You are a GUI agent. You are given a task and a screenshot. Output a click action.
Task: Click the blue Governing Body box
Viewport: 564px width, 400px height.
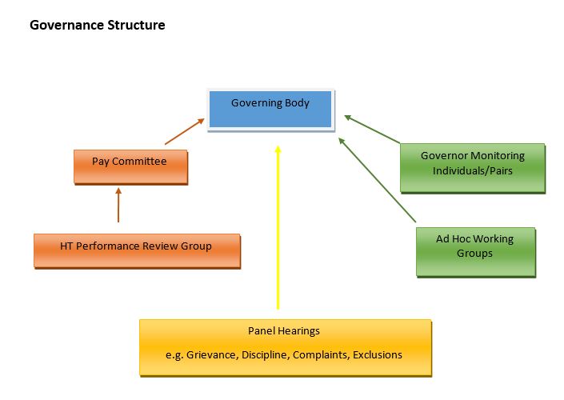(x=270, y=110)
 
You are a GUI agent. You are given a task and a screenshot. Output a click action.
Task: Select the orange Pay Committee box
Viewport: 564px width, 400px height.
(x=130, y=167)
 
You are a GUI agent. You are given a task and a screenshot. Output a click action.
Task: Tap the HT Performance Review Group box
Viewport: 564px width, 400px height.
(x=137, y=250)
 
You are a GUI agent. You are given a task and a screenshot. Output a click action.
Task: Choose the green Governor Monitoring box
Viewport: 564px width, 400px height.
(x=473, y=168)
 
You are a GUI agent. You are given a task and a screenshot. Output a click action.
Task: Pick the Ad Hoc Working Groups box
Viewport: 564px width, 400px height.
(x=475, y=252)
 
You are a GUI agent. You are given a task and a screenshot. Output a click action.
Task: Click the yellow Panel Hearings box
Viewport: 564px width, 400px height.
(x=286, y=347)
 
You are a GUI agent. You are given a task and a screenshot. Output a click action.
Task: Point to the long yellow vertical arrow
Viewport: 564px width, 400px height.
(x=278, y=227)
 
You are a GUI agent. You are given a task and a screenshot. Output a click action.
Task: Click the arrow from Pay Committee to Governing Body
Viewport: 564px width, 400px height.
(x=185, y=132)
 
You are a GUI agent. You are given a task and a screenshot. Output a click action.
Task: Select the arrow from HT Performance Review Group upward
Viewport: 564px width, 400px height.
(x=118, y=205)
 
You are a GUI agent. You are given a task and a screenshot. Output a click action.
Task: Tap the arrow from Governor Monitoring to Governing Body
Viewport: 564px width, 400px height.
(x=372, y=130)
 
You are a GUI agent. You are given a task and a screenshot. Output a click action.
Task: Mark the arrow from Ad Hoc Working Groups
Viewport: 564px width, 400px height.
(x=378, y=180)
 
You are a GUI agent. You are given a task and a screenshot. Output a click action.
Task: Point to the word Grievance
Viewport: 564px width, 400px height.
(x=211, y=354)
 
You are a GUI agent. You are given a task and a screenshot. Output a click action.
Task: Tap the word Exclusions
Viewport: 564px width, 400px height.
(x=378, y=354)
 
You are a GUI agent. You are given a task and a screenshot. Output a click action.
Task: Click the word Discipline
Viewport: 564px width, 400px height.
(x=265, y=354)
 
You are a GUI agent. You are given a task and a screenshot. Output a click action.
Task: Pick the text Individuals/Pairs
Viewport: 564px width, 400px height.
(x=472, y=170)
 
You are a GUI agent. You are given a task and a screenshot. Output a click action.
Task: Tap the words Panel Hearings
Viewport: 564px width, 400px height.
(x=284, y=331)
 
